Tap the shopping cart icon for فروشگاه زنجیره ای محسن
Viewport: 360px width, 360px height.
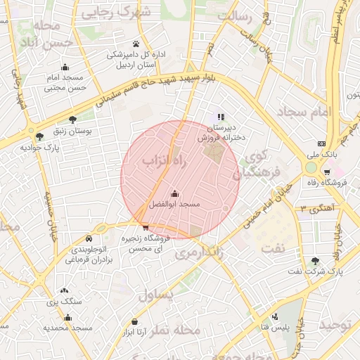pos(145,226)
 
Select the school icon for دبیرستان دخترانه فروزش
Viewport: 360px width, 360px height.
pos(221,117)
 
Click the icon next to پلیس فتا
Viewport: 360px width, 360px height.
pos(275,316)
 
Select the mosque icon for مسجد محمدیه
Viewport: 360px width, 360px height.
pos(67,318)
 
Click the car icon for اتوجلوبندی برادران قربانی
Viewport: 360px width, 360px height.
pos(88,238)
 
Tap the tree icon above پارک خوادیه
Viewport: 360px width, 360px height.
pos(39,136)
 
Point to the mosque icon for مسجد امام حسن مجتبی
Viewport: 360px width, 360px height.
pos(65,67)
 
